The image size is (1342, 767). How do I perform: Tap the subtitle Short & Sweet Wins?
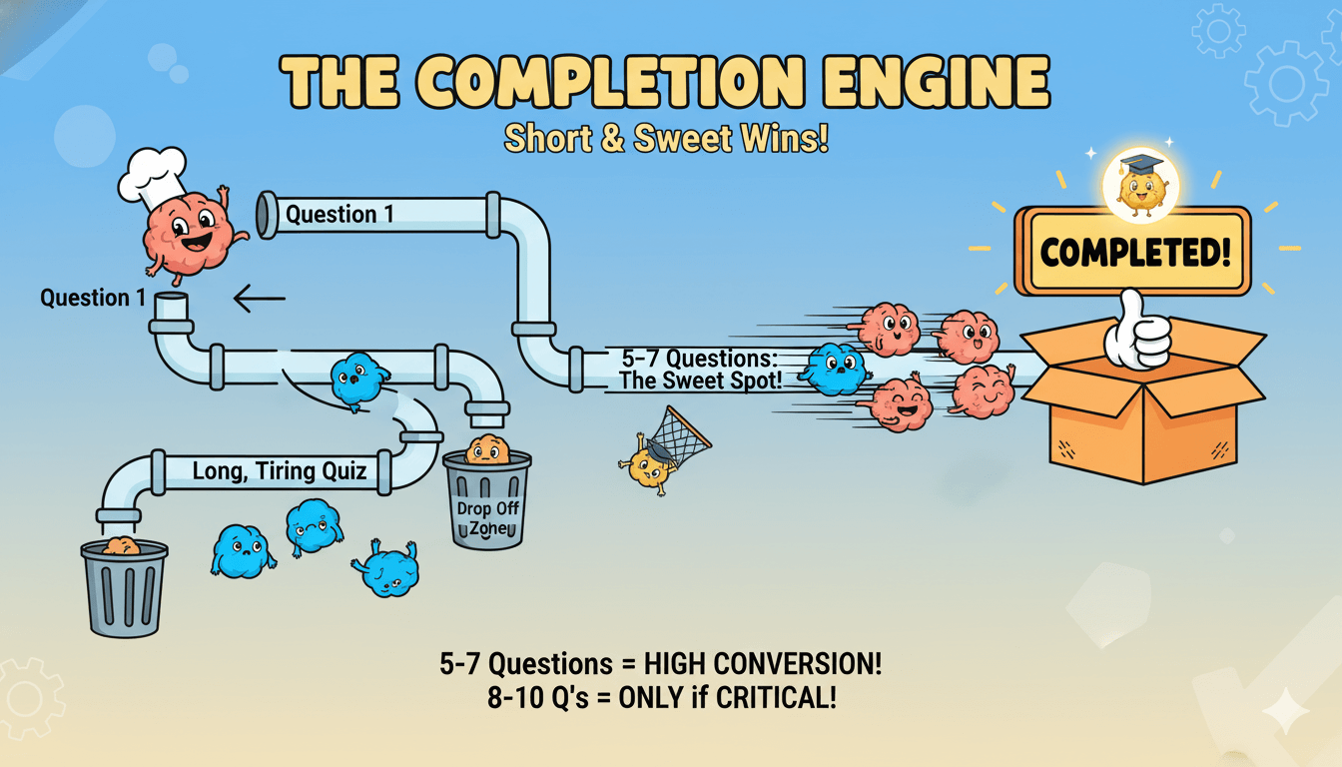(666, 138)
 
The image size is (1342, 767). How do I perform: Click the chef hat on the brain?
(151, 173)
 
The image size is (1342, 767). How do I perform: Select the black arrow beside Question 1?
(259, 298)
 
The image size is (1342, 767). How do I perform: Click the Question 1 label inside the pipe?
(339, 214)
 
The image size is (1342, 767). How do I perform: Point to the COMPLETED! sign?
(1133, 251)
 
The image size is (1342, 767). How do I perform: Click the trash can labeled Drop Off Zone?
(486, 499)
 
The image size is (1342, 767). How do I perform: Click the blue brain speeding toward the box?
(835, 368)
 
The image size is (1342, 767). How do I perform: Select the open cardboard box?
(1143, 409)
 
